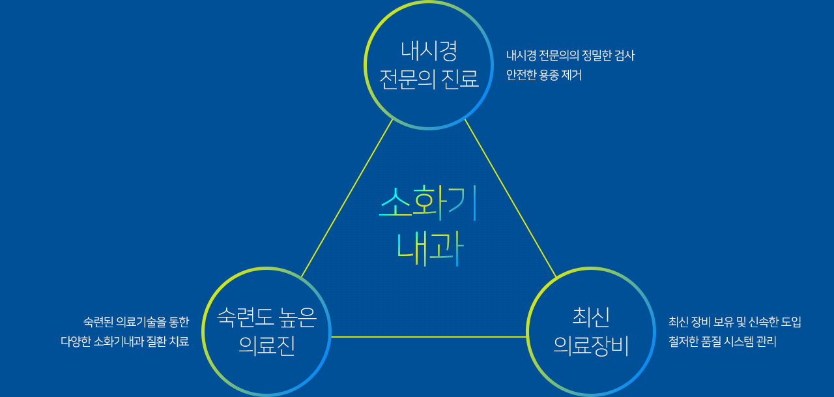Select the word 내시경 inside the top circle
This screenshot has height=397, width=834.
pyautogui.click(x=429, y=51)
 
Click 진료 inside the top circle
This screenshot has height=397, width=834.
pyautogui.click(x=460, y=79)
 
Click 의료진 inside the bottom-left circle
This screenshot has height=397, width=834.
pyautogui.click(x=266, y=346)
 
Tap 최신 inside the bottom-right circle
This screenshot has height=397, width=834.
pyautogui.click(x=591, y=317)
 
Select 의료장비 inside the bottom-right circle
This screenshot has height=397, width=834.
pyautogui.click(x=591, y=346)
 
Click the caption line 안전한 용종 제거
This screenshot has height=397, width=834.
pyautogui.click(x=543, y=75)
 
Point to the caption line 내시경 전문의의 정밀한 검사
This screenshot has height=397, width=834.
pyautogui.click(x=570, y=55)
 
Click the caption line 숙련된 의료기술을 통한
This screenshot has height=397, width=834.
pyautogui.click(x=136, y=322)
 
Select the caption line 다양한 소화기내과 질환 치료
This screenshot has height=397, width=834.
pyautogui.click(x=124, y=342)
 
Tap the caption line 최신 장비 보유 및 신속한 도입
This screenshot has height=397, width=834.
pyautogui.click(x=734, y=322)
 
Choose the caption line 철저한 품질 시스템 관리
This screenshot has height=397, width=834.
pyautogui.click(x=723, y=342)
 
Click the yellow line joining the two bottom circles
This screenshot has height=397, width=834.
pyautogui.click(x=428, y=337)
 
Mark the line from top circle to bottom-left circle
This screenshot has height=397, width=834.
pyautogui.click(x=347, y=198)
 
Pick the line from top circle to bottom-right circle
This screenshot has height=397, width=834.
pyautogui.click(x=510, y=198)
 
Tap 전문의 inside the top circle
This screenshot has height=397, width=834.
pyautogui.click(x=407, y=79)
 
